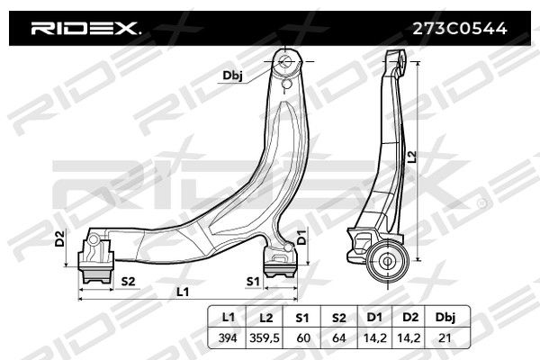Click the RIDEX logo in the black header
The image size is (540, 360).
[85, 29]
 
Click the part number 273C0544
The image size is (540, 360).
[460, 29]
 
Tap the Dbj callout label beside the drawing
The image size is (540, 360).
[232, 76]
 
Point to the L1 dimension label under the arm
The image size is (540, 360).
[183, 292]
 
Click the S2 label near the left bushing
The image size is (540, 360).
[128, 282]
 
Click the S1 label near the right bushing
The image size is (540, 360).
[253, 282]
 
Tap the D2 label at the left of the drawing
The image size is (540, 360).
[60, 238]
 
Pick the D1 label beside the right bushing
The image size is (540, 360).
[301, 237]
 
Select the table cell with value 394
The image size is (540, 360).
[228, 338]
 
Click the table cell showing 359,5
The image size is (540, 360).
[265, 338]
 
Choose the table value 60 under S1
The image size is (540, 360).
[303, 338]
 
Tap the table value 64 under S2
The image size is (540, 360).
[339, 338]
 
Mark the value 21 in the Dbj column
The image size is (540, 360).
[445, 338]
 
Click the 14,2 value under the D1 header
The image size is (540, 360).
[375, 338]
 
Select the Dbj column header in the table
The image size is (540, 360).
[445, 318]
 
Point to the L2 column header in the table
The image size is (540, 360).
[265, 318]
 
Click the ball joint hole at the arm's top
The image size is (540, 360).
[286, 62]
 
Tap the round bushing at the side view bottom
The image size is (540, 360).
[387, 261]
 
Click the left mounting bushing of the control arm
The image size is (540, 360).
[95, 259]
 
